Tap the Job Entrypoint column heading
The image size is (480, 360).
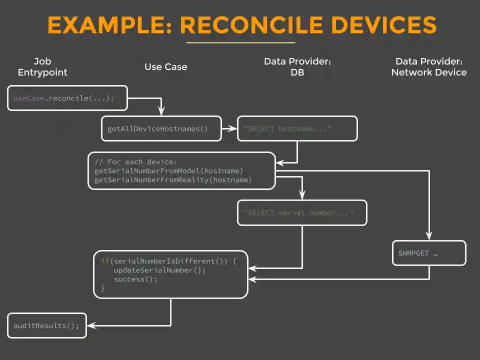click(x=42, y=67)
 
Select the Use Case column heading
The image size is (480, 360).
click(x=165, y=67)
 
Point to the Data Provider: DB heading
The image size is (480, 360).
click(x=297, y=67)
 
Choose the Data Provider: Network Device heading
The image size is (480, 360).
click(x=428, y=67)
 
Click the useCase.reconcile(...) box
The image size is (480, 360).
click(x=67, y=98)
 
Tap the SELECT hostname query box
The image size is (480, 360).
click(x=297, y=129)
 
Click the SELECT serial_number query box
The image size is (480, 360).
click(x=302, y=213)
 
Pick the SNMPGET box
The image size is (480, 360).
click(x=429, y=253)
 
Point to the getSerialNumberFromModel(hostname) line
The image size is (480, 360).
click(x=168, y=171)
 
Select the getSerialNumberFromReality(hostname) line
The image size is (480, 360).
click(x=173, y=180)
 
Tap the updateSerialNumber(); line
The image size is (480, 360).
click(x=159, y=270)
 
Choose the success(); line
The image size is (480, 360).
click(x=135, y=279)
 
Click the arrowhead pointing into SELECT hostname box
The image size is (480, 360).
click(x=233, y=129)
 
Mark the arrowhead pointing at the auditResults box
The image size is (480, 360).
click(x=90, y=325)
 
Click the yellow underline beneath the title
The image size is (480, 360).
click(x=240, y=43)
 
